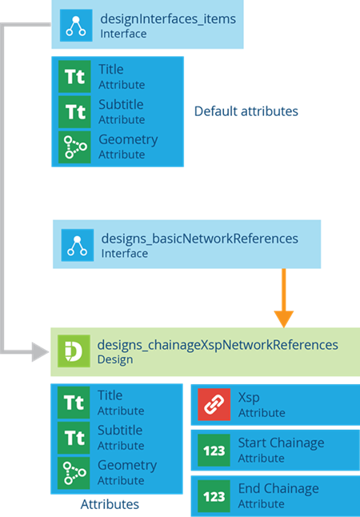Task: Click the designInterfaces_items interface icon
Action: [76, 26]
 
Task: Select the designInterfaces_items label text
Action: [168, 18]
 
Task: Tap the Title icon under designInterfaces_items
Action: [74, 77]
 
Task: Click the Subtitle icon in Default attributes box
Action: [74, 112]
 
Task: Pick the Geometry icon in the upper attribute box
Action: [74, 147]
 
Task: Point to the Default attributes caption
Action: [246, 111]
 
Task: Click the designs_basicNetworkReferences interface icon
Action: [78, 245]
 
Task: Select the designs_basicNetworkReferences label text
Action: [200, 238]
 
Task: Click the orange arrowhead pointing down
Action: [283, 319]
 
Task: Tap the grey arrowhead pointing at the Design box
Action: [41, 352]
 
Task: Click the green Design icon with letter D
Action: [74, 351]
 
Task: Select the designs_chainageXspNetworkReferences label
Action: [218, 345]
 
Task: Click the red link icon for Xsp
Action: [214, 405]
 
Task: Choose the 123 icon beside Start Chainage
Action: [214, 451]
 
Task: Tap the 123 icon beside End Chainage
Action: [214, 496]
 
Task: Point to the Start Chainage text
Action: [282, 443]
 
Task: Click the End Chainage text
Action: [278, 489]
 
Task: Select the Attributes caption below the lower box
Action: [110, 504]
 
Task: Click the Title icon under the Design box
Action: [74, 403]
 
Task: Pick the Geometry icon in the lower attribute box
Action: [74, 473]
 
